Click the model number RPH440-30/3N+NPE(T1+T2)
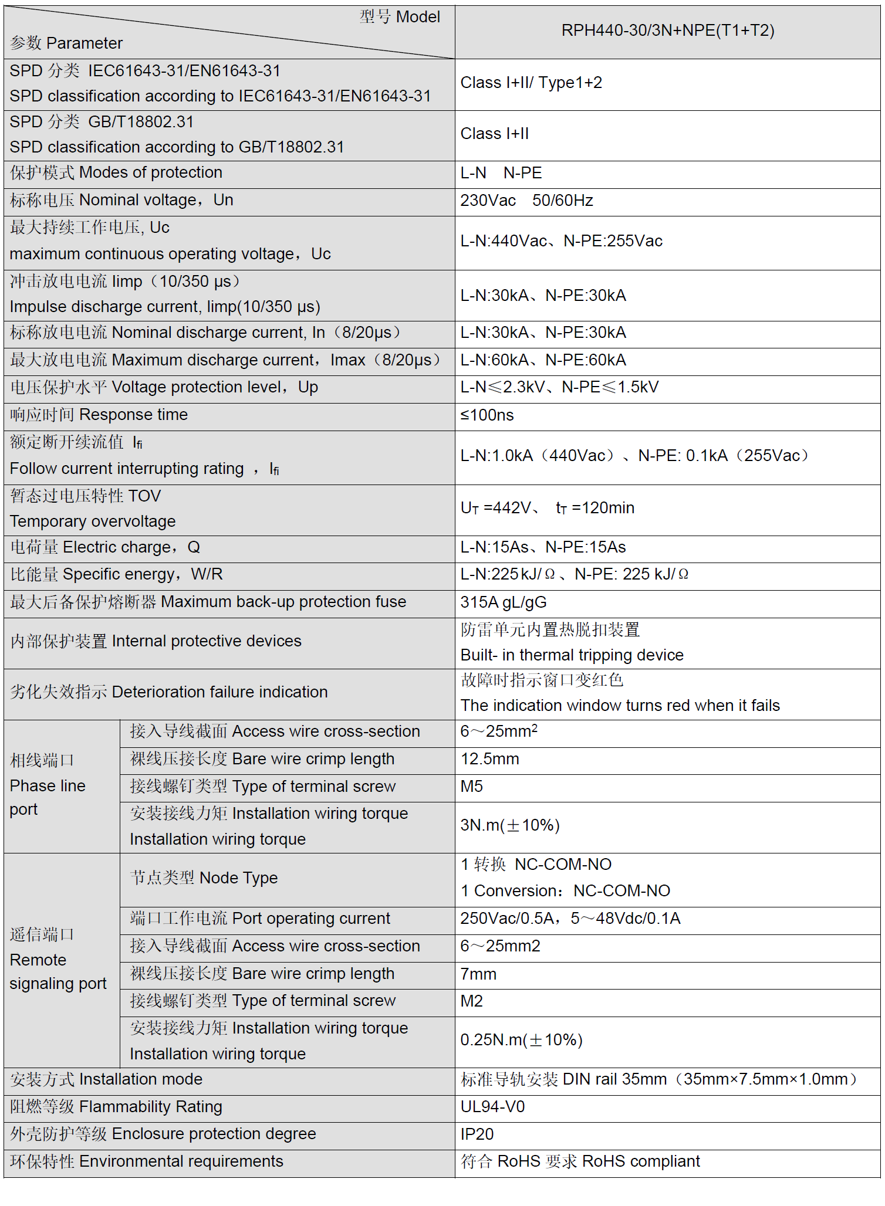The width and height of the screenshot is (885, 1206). pos(667,31)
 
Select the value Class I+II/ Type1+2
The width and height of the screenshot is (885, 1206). pos(531,83)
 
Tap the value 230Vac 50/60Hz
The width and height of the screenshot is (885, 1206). pos(526,201)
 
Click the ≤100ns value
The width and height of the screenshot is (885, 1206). pos(487,415)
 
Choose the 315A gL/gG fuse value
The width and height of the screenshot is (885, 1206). pos(504,602)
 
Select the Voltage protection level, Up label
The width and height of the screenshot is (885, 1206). pos(164,387)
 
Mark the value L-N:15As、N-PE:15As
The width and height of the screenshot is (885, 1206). pos(543,547)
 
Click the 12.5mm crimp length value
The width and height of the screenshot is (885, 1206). pos(489,759)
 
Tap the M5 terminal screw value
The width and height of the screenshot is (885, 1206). pos(471,787)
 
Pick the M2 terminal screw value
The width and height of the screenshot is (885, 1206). pos(471,1001)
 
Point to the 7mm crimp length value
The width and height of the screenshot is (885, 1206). pos(478,974)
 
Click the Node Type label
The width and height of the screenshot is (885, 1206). pos(204,878)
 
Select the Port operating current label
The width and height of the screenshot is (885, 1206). pos(260,919)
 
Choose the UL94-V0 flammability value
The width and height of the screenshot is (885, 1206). pos(492,1107)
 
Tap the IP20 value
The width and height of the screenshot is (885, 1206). pos(477,1134)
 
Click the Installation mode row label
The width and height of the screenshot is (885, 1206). pos(106,1079)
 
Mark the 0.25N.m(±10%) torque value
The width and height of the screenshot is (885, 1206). pos(521,1040)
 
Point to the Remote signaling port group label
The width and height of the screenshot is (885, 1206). pos(58,960)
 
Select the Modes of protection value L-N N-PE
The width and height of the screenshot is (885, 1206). pos(501,173)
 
